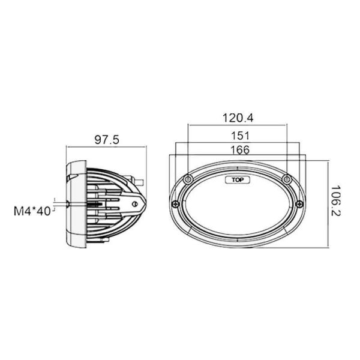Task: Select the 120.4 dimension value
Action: tap(239, 116)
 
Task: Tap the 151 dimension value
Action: tap(239, 136)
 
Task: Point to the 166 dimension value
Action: tap(239, 151)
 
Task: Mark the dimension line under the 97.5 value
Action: tap(107, 147)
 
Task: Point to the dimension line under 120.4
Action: tap(239, 125)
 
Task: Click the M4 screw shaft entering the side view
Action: tap(60, 203)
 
